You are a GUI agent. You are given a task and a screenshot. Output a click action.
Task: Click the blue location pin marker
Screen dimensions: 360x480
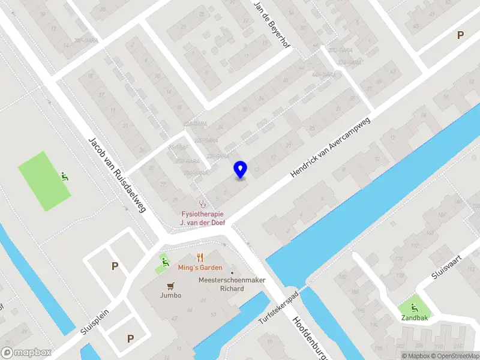pos(241,170)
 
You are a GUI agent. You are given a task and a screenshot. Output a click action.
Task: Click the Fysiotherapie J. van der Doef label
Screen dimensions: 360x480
pos(202,218)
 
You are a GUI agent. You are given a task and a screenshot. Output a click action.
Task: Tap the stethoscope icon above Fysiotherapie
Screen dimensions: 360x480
pos(202,203)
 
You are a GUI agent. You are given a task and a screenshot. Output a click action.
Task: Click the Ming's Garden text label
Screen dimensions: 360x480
pos(200,268)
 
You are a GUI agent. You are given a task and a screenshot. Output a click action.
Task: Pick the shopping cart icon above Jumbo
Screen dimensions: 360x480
pos(170,286)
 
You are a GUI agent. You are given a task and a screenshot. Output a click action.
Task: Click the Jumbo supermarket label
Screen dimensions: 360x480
pos(170,295)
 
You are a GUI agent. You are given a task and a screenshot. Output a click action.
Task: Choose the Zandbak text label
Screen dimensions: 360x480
pos(415,318)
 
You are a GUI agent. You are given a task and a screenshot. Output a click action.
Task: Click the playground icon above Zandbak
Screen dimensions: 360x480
pos(415,308)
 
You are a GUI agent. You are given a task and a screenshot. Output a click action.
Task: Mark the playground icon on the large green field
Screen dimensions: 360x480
pos(64,177)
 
